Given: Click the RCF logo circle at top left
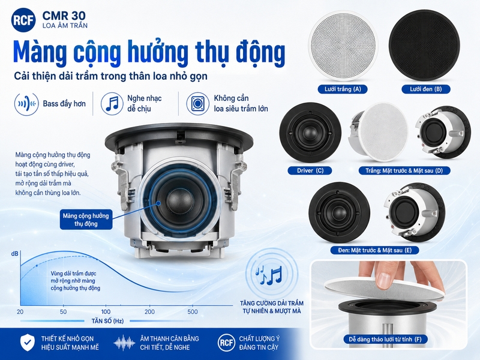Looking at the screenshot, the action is (23, 20).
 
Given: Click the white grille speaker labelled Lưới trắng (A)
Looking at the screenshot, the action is (343, 47).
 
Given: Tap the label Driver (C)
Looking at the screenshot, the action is (310, 170).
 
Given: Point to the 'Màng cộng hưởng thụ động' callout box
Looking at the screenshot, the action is (86, 220).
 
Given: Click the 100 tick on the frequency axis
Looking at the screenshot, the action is (106, 311).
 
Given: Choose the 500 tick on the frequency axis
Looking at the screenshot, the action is (192, 311).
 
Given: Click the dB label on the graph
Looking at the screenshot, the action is (14, 254).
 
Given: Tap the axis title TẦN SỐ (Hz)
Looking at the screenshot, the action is (107, 321).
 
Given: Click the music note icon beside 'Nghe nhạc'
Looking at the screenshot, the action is (112, 103).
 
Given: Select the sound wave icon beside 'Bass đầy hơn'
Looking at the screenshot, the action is (26, 104).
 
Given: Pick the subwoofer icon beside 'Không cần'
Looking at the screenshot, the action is (198, 103).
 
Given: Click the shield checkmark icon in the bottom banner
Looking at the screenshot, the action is (28, 343).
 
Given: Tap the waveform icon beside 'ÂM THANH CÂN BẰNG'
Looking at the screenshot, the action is (124, 343).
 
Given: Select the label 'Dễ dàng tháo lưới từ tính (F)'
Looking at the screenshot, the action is (385, 339).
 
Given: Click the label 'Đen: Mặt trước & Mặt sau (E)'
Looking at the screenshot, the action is (374, 250).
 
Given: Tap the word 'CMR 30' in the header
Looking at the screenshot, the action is (64, 16).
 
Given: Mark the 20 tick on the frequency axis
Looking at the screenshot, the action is (20, 311).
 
